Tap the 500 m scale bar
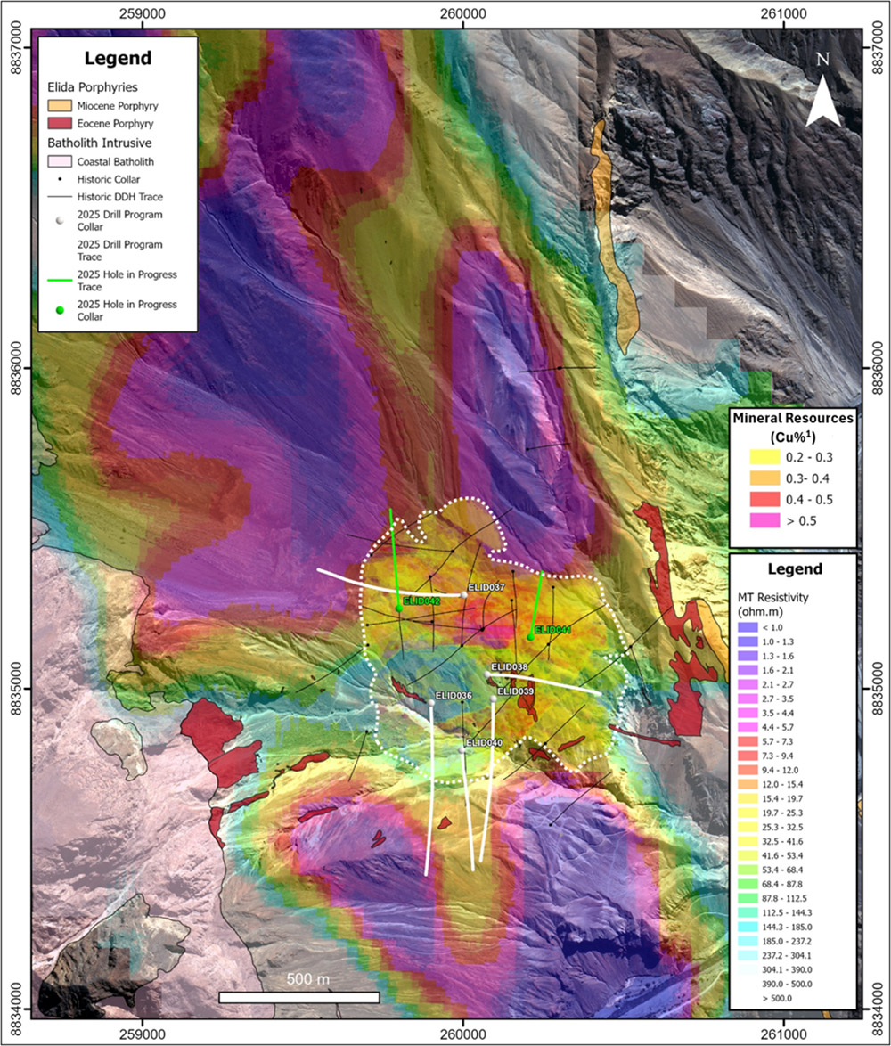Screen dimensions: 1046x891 (298, 997)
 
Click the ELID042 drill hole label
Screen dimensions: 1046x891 (421, 601)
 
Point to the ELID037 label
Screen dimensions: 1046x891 (486, 588)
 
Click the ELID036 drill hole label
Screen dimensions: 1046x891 (452, 695)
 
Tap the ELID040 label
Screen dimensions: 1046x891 (484, 743)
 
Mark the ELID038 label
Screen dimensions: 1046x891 (510, 667)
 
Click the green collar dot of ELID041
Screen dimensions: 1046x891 (530, 636)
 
